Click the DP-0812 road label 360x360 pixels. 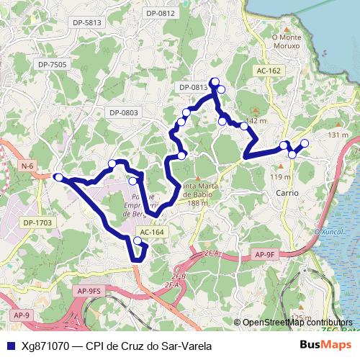tap(161, 13)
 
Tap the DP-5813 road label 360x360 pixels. tap(87, 23)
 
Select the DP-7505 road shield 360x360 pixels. tap(53, 65)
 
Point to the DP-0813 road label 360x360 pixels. tap(194, 87)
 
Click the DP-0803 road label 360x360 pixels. tap(124, 113)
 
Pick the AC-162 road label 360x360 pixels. tap(268, 71)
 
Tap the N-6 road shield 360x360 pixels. tap(27, 166)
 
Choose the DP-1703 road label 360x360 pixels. tap(37, 222)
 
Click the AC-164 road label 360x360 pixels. tap(152, 232)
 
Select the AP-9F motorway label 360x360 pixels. tap(265, 254)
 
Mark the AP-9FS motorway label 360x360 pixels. tap(90, 290)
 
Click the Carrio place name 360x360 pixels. tap(287, 194)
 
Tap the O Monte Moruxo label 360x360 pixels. tap(286, 41)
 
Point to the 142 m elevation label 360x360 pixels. tap(256, 120)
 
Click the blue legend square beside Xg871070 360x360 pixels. tap(10, 346)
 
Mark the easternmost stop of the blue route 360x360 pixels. tap(305, 143)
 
